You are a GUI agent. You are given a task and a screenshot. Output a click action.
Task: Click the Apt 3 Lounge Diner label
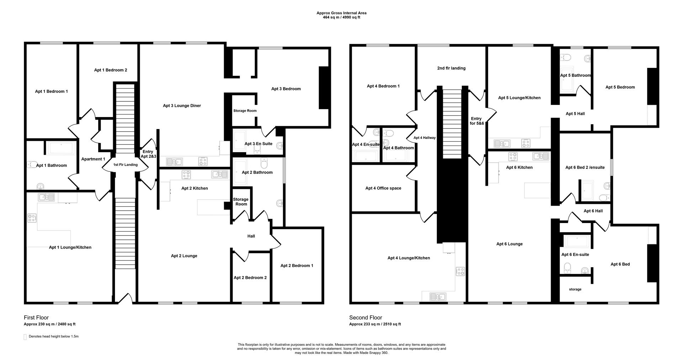tap(182, 106)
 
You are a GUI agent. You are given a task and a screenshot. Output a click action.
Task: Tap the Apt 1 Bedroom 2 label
tap(110, 70)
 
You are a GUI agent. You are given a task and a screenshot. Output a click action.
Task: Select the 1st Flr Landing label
tap(125, 165)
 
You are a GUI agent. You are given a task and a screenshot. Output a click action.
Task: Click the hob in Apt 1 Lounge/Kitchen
tap(32, 217)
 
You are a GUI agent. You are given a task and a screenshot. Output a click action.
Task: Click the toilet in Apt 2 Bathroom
tap(264, 164)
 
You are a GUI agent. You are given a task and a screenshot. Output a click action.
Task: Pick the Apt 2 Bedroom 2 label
tap(250, 278)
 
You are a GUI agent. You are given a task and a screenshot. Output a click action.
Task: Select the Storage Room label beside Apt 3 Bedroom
tap(245, 111)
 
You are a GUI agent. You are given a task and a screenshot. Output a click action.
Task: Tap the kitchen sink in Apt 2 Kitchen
tap(219, 174)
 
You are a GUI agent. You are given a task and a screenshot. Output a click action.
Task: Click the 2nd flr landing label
tap(451, 68)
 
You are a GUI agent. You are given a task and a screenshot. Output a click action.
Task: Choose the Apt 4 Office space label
tap(383, 188)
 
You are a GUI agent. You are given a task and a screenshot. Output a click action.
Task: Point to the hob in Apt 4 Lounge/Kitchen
tap(460, 271)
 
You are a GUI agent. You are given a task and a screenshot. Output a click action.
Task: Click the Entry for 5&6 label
tap(476, 121)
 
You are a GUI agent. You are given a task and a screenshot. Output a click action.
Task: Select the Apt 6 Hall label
tap(593, 211)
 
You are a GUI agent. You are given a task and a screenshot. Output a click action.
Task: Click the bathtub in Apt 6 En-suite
tap(578, 242)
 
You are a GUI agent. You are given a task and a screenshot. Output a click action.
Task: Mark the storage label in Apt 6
tap(575, 289)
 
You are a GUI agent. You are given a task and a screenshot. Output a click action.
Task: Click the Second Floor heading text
tap(365, 318)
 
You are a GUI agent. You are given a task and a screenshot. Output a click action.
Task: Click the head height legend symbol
tap(25, 337)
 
